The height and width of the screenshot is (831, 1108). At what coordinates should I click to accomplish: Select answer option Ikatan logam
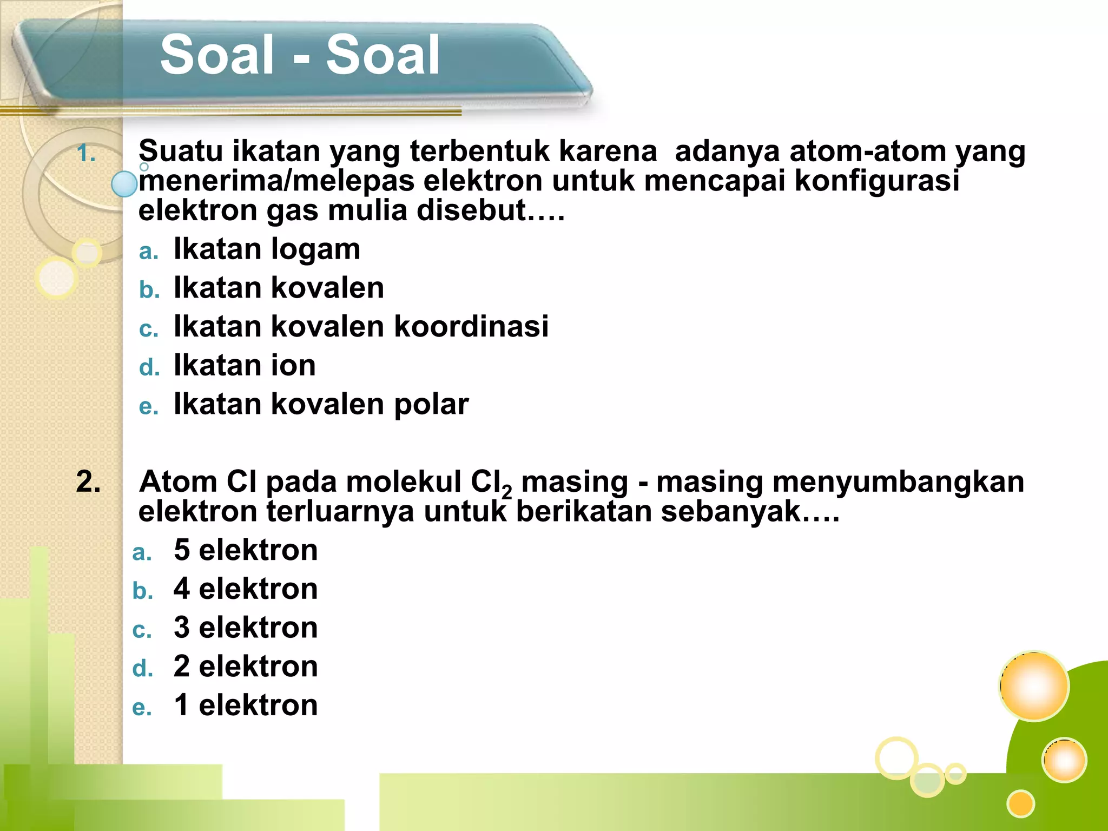coord(266,249)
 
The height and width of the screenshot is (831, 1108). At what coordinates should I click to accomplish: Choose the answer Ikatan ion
coord(244,365)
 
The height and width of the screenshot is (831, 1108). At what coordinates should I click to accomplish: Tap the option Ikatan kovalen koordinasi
coord(361,326)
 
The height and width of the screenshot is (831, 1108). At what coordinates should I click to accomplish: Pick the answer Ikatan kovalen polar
coord(321,404)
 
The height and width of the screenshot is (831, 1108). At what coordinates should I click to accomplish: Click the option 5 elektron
coord(246,550)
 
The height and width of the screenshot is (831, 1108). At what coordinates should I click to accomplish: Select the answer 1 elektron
coord(246,705)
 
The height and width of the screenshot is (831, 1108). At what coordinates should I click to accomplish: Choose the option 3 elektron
coord(246,628)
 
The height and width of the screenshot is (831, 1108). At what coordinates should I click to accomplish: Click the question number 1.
coord(86,154)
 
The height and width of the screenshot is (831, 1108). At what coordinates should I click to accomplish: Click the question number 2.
coord(88,482)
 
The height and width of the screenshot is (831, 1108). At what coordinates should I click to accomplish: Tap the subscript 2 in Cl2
coord(506,492)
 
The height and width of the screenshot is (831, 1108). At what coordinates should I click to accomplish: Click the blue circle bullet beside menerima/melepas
coord(124,184)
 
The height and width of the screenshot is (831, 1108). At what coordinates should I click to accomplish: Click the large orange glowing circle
coord(1033,686)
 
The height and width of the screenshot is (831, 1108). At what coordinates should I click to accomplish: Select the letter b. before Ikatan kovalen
coord(149,290)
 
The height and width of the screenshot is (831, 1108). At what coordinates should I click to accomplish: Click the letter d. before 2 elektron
coord(142,669)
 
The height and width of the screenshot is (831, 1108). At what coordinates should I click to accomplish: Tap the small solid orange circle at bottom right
coord(1021,803)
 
